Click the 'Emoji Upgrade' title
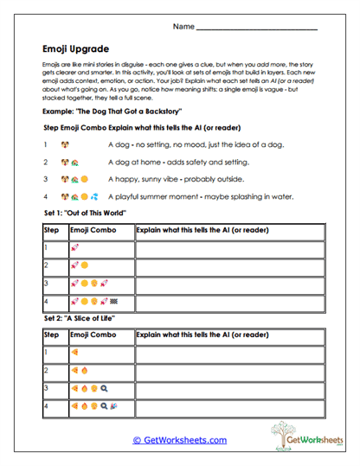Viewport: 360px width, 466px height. click(74, 49)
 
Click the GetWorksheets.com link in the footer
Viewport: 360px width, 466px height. click(179, 440)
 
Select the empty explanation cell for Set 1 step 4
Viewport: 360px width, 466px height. click(228, 303)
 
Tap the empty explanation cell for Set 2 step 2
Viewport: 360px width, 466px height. click(228, 370)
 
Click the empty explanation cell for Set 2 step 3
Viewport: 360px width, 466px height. click(228, 388)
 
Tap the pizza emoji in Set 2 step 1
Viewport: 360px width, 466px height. click(75, 353)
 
